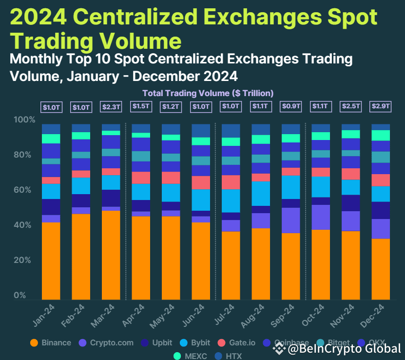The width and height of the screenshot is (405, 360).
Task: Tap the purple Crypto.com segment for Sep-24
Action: click(291, 220)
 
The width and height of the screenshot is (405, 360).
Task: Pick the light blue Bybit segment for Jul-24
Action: click(231, 200)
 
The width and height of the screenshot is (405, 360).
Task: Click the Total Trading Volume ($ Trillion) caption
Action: click(208, 93)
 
